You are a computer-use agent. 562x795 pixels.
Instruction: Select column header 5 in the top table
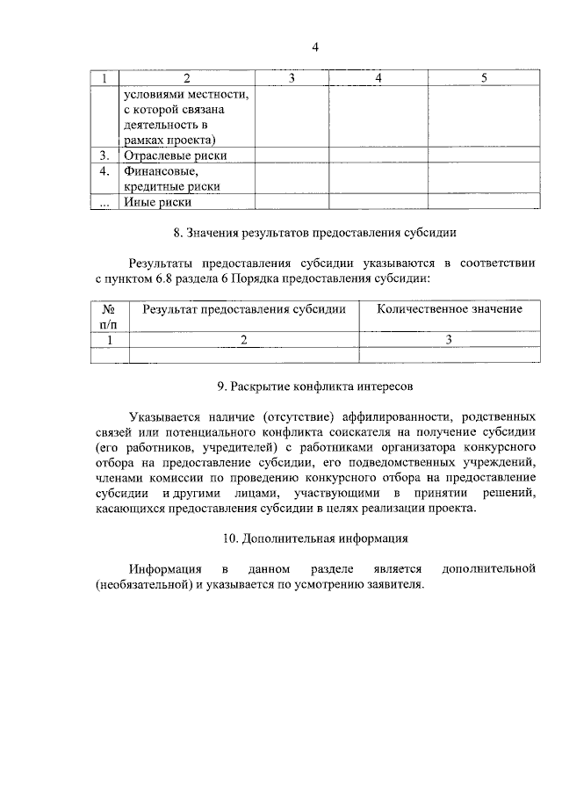pos(484,79)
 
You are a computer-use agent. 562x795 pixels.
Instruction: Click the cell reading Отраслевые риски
pos(175,155)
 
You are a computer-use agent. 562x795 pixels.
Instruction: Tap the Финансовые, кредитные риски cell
pos(171,178)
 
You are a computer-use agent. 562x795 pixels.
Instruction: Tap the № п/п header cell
pos(110,316)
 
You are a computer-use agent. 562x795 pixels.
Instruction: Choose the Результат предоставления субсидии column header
pos(244,309)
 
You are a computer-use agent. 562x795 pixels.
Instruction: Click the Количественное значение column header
pos(449,309)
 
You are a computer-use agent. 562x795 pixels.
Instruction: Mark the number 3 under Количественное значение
pos(449,339)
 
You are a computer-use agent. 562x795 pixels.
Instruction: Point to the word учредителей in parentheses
pos(213,446)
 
